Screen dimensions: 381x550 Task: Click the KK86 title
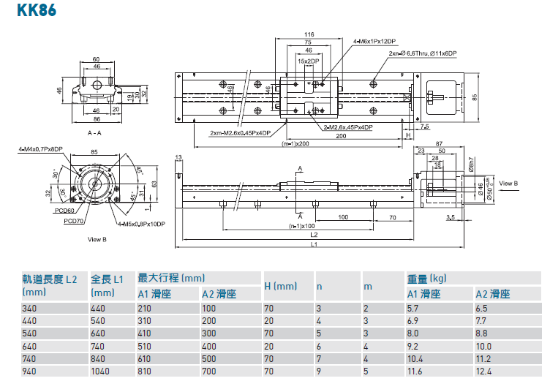point(30,12)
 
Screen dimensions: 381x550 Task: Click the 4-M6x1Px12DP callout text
point(374,41)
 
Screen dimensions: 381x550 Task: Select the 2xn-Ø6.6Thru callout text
point(423,53)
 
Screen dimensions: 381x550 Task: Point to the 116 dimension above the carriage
point(309,34)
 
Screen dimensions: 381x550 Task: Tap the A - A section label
point(94,134)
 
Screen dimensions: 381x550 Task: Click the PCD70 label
point(72,220)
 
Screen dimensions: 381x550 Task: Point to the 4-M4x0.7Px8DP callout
point(41,148)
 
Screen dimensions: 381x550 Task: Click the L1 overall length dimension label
point(313,244)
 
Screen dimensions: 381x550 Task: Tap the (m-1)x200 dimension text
point(296,143)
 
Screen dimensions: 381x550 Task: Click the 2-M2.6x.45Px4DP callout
point(350,127)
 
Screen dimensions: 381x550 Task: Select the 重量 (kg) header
point(426,279)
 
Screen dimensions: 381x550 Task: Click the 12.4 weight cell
point(483,371)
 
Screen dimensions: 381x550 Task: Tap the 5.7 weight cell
point(413,309)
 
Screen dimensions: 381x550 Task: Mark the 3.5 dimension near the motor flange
point(449,217)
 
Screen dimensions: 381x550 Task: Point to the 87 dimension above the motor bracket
point(438,143)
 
